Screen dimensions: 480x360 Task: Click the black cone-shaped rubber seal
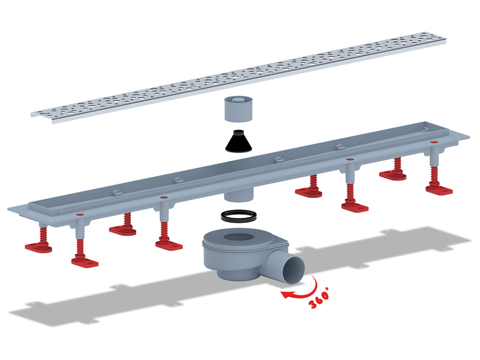point(239,143)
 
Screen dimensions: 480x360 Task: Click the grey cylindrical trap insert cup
point(239,109)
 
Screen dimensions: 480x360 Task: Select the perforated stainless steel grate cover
point(238,77)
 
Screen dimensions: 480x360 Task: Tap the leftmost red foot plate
point(38,247)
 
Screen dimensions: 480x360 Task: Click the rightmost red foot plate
point(439,190)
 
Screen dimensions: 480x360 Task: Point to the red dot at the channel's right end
point(433,143)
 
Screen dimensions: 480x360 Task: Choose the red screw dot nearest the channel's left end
point(81,215)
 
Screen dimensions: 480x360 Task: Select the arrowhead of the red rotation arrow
point(285,294)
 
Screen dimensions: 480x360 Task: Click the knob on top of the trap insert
point(239,99)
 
